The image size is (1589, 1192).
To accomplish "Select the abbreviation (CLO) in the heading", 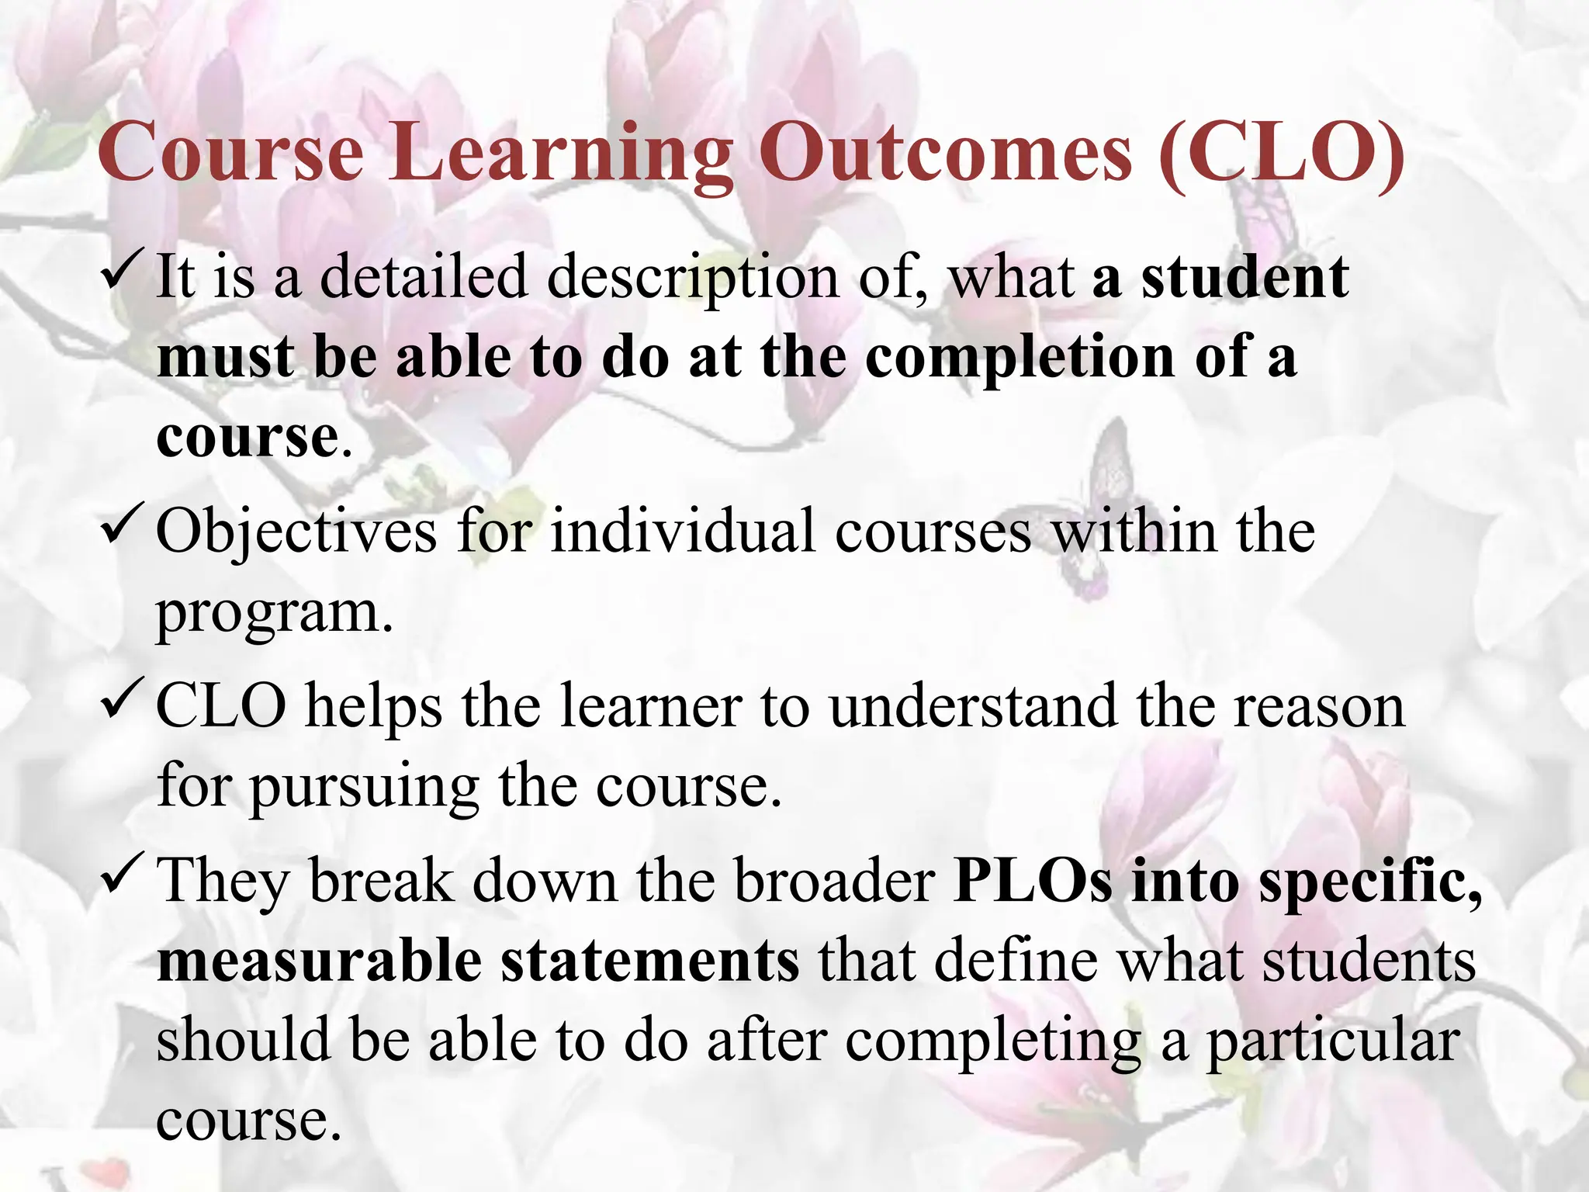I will click(x=1280, y=155).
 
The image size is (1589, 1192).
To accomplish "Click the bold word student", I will click(x=1245, y=277).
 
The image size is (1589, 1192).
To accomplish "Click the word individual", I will click(x=683, y=532).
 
